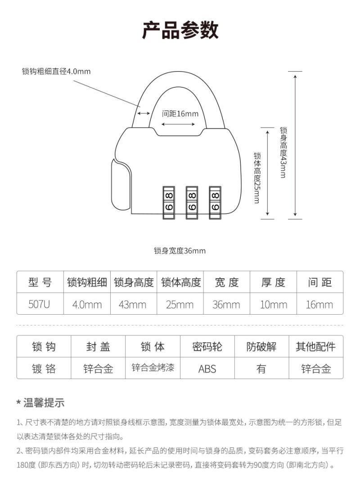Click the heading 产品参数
(x=180, y=30)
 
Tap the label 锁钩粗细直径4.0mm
(x=56, y=72)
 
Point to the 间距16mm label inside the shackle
(x=180, y=113)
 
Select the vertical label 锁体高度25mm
(x=256, y=177)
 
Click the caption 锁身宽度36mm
(x=180, y=251)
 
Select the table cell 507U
(x=40, y=304)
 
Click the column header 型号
(x=40, y=282)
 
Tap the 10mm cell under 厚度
(x=273, y=304)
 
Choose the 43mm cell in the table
(x=133, y=304)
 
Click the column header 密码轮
(x=207, y=347)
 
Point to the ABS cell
(x=207, y=369)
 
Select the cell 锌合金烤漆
(x=153, y=368)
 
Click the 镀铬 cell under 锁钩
(x=44, y=369)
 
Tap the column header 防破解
(x=261, y=347)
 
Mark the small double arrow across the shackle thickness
(x=144, y=113)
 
